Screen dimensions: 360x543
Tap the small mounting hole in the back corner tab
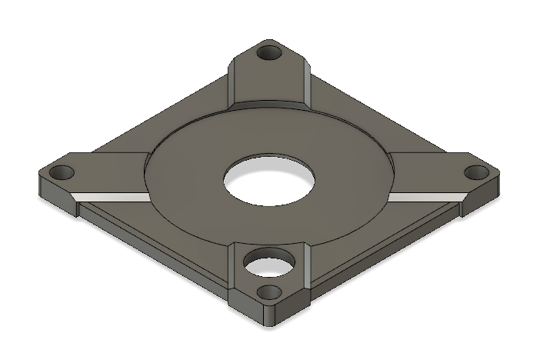(x=269, y=54)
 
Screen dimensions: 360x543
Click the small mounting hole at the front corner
(x=269, y=292)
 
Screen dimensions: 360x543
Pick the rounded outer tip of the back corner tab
(x=269, y=42)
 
